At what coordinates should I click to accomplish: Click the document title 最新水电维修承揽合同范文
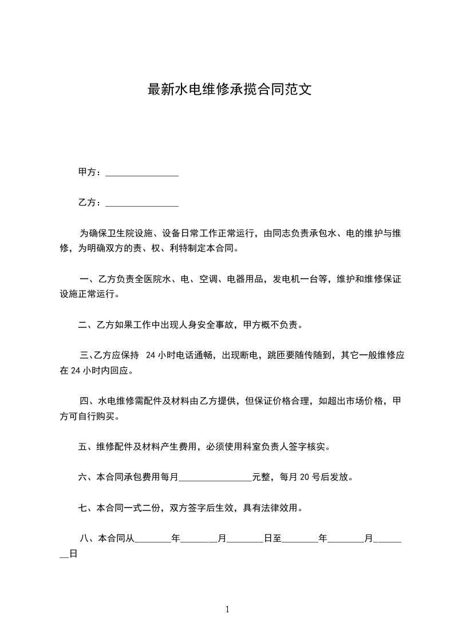(x=230, y=90)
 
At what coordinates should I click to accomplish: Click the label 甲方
(x=87, y=172)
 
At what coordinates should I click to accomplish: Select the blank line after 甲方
(x=142, y=173)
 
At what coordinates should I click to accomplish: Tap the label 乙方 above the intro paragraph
(x=87, y=203)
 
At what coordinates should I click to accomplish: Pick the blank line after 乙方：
(x=142, y=204)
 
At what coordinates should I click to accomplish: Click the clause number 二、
(x=85, y=326)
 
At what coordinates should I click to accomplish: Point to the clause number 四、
(x=87, y=401)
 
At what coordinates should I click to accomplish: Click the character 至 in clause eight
(x=277, y=538)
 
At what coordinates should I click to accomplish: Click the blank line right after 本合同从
(x=152, y=540)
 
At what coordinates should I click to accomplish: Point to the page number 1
(x=227, y=609)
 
